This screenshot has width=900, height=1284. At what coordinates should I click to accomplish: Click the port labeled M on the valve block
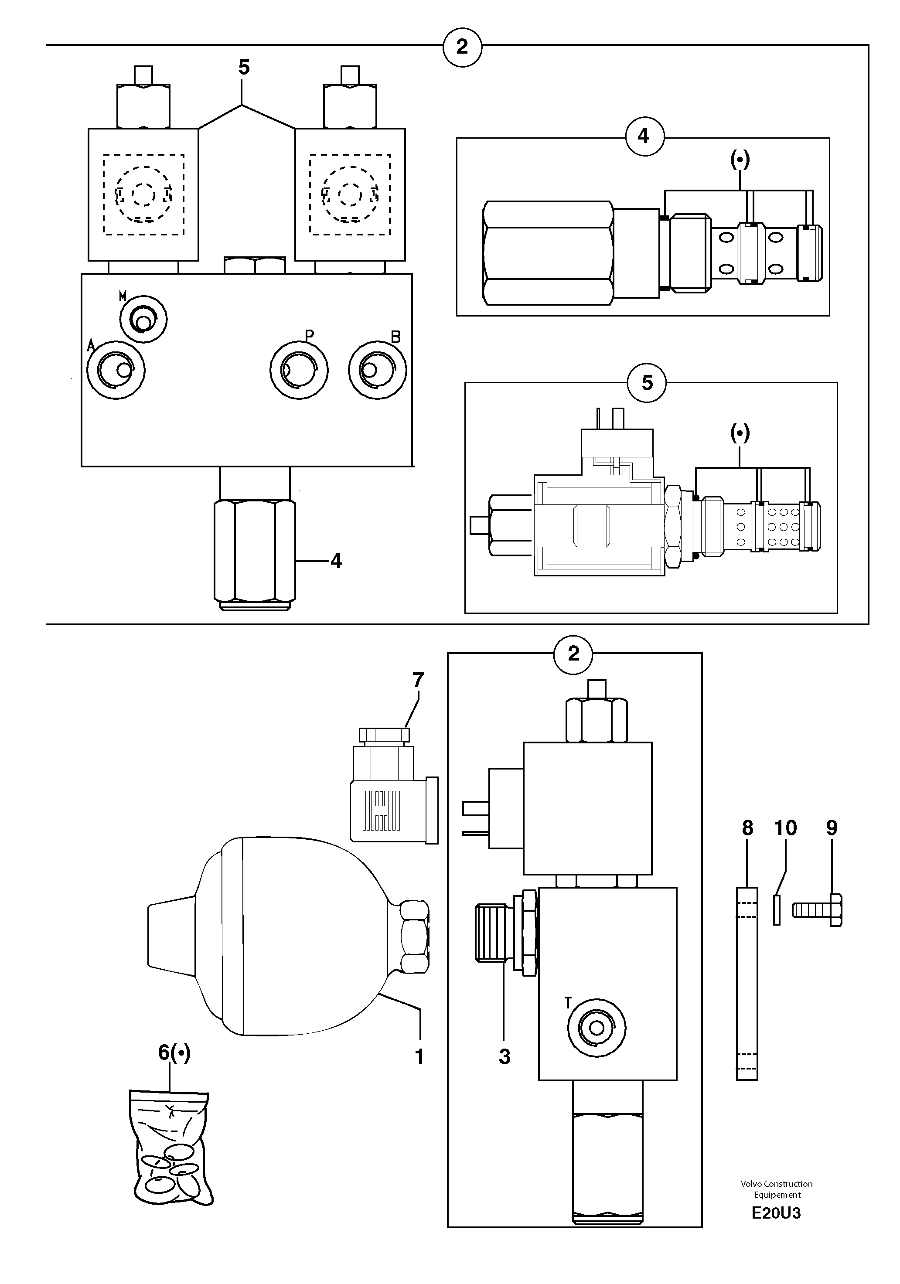144,319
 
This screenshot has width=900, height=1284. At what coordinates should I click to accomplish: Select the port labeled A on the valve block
116,370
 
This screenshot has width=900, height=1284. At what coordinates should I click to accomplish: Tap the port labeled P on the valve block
299,370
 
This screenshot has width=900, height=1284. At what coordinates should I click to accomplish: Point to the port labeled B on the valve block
377,370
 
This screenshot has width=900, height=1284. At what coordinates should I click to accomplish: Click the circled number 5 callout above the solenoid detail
647,383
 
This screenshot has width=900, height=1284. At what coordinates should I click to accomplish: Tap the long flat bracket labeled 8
747,983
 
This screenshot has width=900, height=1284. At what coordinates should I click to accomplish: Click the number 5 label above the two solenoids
244,67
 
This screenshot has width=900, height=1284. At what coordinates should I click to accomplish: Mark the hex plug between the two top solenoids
255,265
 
